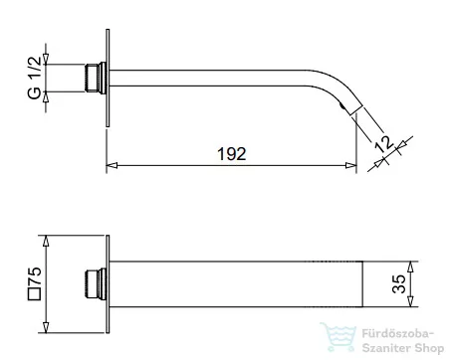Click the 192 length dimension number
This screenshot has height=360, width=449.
point(232,154)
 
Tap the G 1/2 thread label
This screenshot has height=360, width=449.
point(35,78)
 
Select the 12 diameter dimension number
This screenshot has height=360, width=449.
point(384,143)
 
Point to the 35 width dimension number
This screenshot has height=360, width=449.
point(398,283)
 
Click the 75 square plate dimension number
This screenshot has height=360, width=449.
point(35,275)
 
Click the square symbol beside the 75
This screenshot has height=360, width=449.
point(35,294)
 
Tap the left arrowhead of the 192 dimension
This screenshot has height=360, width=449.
point(112,165)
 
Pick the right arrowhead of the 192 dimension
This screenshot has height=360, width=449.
point(350,165)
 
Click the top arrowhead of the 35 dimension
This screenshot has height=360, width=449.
point(410,267)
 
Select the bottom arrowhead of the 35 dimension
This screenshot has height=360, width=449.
point(410,301)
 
